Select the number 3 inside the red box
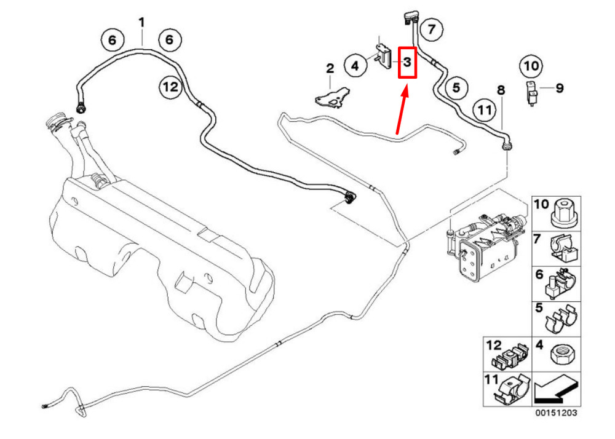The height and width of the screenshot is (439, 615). pyautogui.click(x=407, y=62)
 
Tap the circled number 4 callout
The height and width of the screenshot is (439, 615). pyautogui.click(x=355, y=64)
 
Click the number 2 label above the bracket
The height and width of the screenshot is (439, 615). pyautogui.click(x=330, y=68)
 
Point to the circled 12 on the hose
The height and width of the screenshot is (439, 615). pyautogui.click(x=170, y=87)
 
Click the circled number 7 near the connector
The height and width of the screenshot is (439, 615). pyautogui.click(x=432, y=28)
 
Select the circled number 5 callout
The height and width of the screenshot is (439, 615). pyautogui.click(x=456, y=88)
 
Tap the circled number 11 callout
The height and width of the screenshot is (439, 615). pyautogui.click(x=484, y=111)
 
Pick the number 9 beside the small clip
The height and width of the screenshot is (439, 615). pyautogui.click(x=559, y=89)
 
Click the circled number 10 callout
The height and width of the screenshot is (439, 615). pyautogui.click(x=531, y=64)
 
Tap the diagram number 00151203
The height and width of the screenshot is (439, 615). pyautogui.click(x=555, y=413)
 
